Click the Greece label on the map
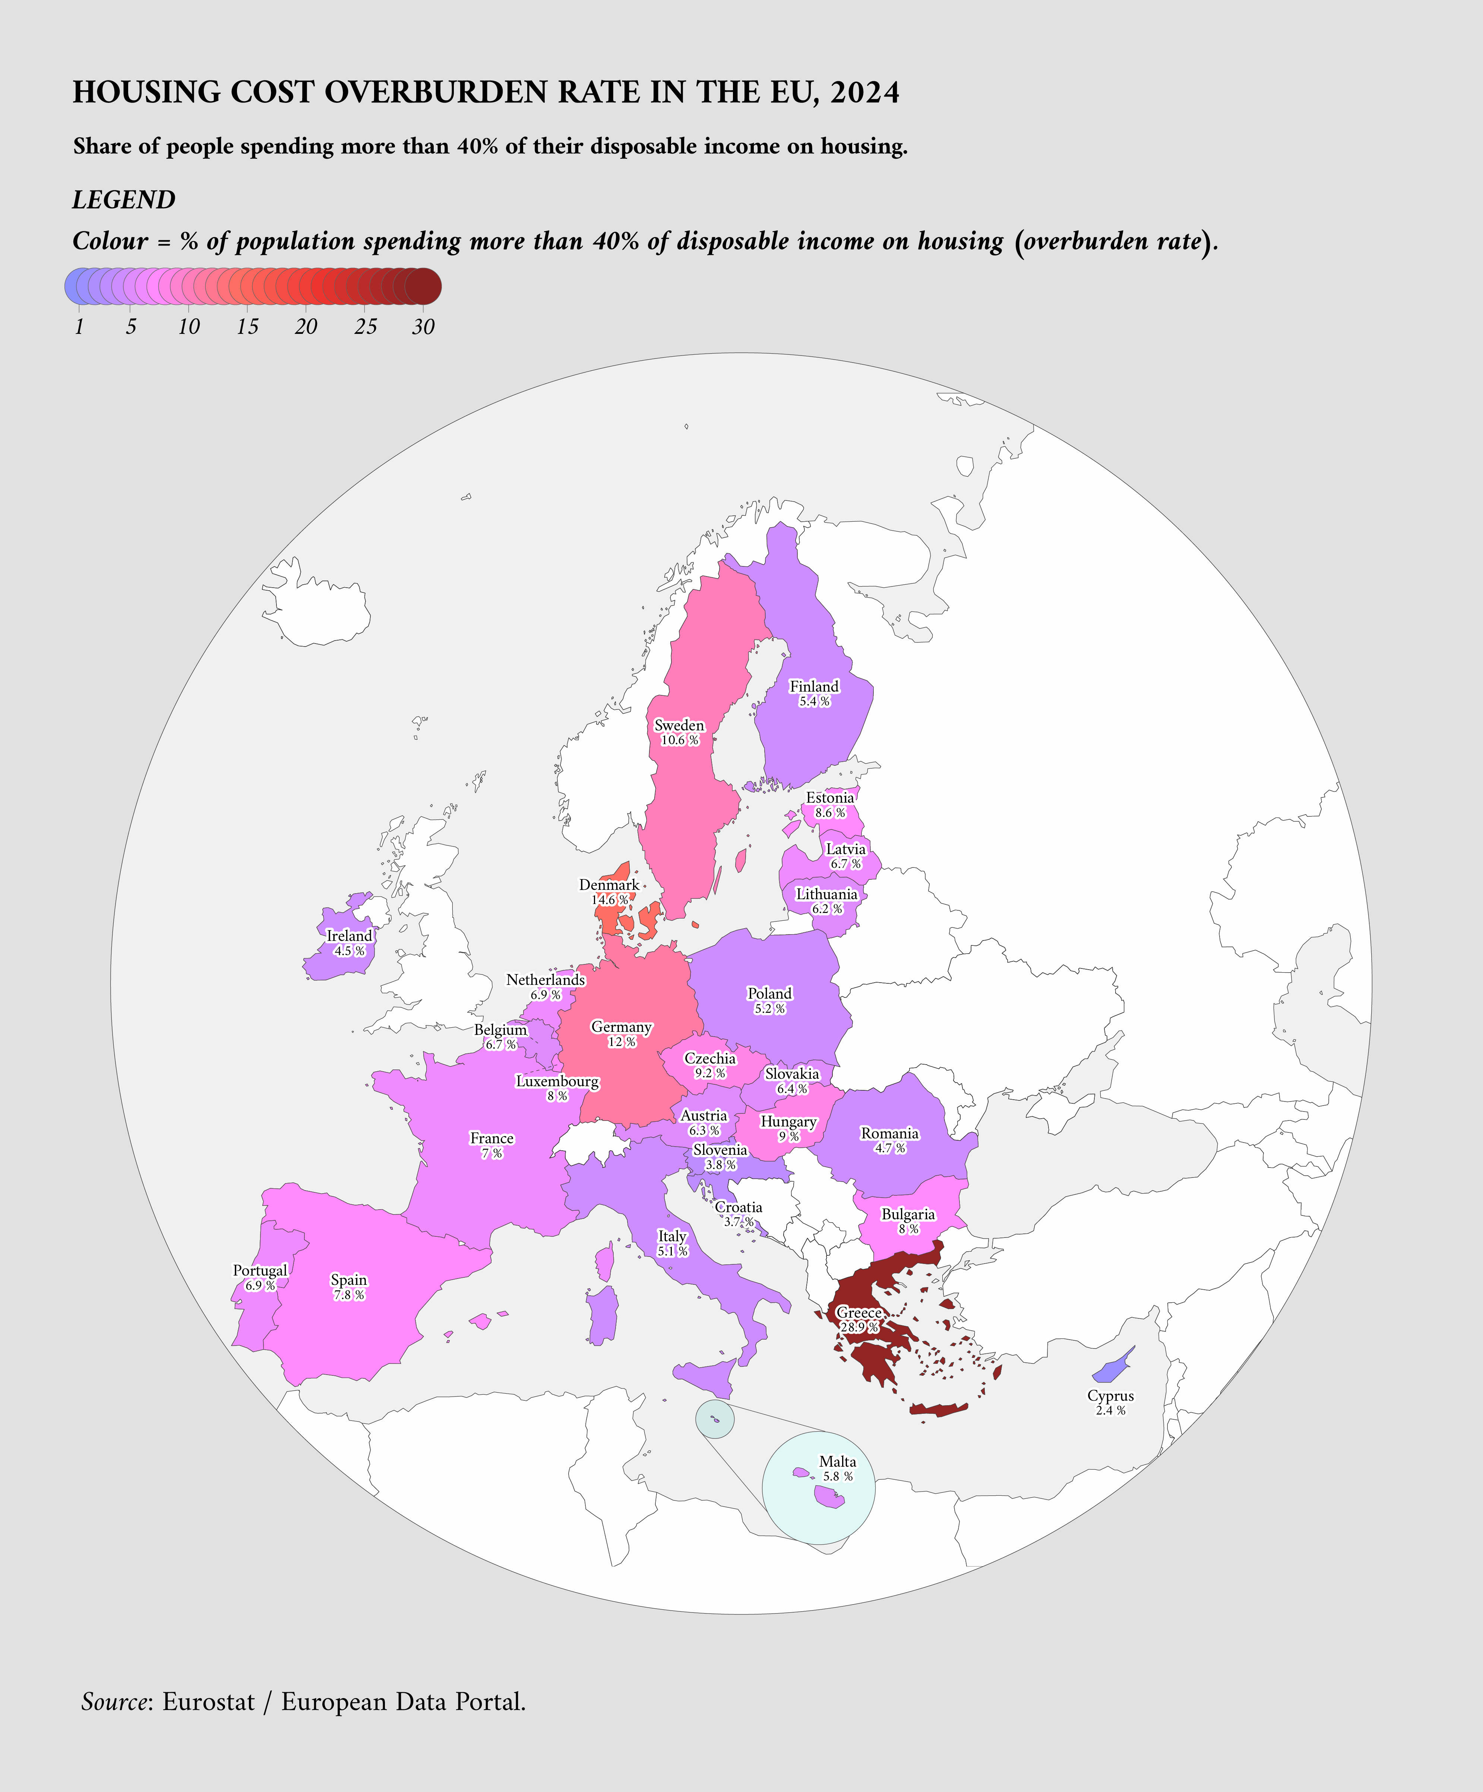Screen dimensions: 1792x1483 859,1312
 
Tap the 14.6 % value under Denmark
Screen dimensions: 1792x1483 609,900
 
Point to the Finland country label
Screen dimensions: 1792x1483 814,686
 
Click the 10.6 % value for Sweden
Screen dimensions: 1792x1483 679,740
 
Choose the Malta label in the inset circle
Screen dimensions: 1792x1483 837,1462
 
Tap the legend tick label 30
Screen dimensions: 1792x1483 423,327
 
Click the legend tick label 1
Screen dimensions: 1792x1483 79,327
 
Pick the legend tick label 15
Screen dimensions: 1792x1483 247,327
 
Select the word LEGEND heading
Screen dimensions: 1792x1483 124,200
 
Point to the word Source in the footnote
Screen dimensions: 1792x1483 114,1701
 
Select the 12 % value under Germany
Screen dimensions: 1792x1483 621,1042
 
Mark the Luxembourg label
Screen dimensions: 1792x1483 557,1081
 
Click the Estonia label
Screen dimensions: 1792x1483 829,798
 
